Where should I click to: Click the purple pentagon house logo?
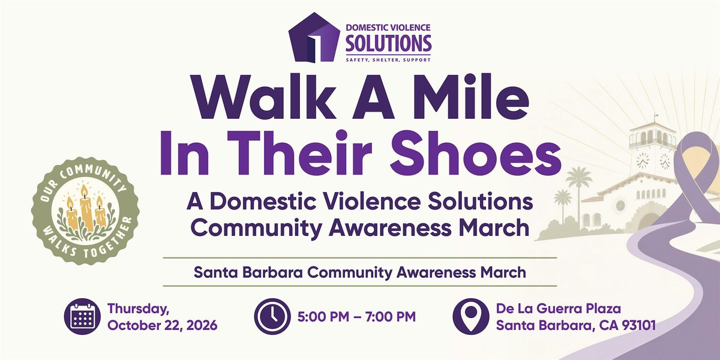(314, 38)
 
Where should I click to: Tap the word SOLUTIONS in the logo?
(388, 43)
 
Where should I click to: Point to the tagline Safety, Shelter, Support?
(388, 60)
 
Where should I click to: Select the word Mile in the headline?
(471, 97)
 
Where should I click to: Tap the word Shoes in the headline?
(476, 152)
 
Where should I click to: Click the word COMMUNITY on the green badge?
(92, 176)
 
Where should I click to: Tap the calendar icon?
(83, 317)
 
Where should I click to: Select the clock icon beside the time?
(272, 317)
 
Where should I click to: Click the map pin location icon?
(471, 317)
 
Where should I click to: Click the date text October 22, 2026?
(163, 325)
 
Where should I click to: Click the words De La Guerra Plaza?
(559, 308)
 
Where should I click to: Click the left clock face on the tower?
(643, 160)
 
